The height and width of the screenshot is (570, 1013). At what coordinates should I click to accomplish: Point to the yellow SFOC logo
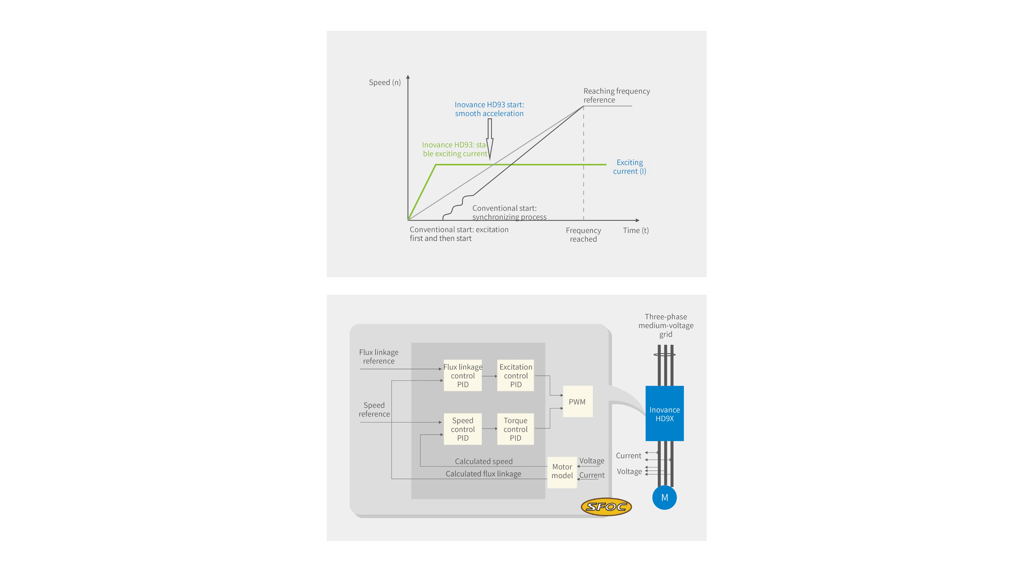(606, 507)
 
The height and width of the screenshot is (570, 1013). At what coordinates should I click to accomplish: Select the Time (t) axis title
(636, 231)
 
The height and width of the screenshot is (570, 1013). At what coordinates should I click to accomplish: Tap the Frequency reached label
(583, 235)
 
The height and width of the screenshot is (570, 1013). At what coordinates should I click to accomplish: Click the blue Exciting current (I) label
(630, 167)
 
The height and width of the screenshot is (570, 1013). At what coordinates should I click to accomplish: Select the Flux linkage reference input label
(379, 356)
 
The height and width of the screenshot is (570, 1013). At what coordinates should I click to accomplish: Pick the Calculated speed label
(484, 461)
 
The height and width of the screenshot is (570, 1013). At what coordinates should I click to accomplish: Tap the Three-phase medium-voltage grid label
(666, 325)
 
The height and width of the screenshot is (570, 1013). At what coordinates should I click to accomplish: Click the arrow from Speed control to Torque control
(490, 428)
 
